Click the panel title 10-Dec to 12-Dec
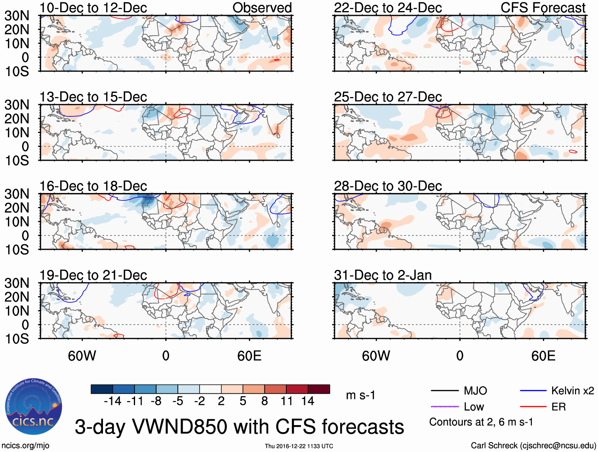pos(93,8)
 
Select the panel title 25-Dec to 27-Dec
pos(388,97)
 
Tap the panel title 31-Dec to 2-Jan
pos(383,275)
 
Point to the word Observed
pos(262,8)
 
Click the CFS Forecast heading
pos(543,8)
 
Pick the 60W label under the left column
pos(82,356)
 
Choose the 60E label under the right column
pos(543,356)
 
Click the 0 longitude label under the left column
pos(166,356)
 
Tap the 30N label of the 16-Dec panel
pos(17,194)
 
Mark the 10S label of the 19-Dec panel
pos(17,339)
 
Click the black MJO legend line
pos(444,391)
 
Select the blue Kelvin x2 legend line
pos(533,391)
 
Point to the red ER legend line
pos(533,406)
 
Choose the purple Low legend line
pos(444,406)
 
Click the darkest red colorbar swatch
pos(319,389)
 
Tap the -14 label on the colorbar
pos(112,401)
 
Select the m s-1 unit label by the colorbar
pos(360,395)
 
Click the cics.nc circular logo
pos(34,407)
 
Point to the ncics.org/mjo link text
pos(25,446)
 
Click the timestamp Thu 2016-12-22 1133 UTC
pos(299,446)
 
